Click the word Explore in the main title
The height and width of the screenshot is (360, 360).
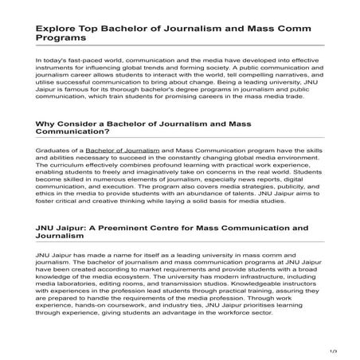pyautogui.click(x=57, y=25)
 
